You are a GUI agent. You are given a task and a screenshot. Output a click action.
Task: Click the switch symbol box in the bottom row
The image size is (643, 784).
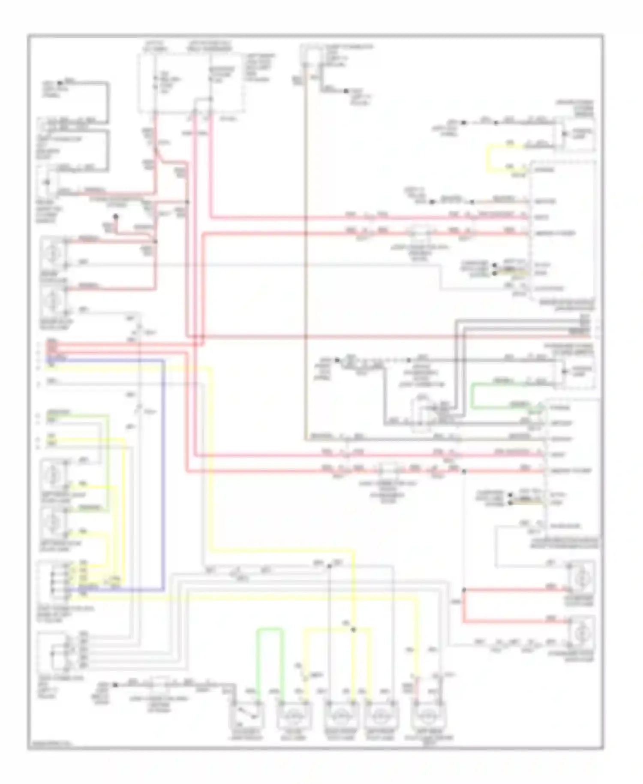click(x=248, y=715)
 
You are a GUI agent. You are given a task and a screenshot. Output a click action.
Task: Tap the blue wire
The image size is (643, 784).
click(x=163, y=472)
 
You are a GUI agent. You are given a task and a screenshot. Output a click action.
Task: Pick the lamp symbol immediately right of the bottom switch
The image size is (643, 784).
click(x=292, y=715)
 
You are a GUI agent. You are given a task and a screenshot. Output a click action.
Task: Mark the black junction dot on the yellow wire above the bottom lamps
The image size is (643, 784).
click(x=353, y=630)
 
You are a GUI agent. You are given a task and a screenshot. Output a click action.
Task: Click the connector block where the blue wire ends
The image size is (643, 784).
click(x=54, y=579)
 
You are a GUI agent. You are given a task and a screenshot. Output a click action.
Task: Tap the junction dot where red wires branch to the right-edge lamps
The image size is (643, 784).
click(x=463, y=591)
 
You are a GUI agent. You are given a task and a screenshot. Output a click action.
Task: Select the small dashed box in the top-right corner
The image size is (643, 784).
click(x=576, y=133)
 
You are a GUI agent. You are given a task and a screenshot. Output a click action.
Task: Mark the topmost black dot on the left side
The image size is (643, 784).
click(x=63, y=81)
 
